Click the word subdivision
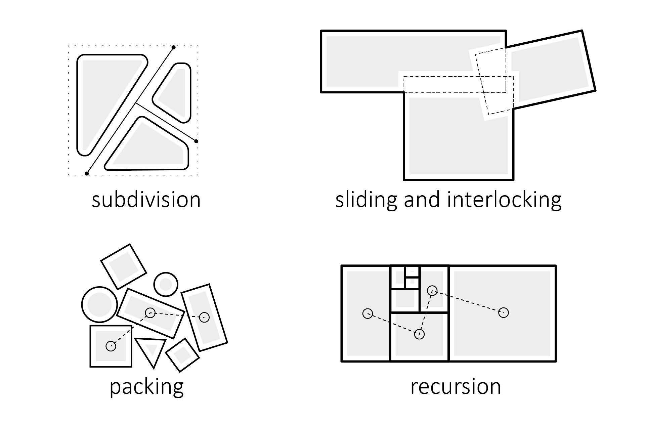(x=146, y=200)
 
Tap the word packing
(x=146, y=387)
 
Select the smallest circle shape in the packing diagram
(x=166, y=284)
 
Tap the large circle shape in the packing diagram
(x=99, y=304)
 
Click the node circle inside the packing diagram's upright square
(x=111, y=346)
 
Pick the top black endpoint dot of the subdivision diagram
(x=173, y=47)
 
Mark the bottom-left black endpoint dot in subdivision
(x=87, y=173)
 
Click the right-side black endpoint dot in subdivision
(x=196, y=141)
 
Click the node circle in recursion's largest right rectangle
(x=503, y=313)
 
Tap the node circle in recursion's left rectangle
(x=368, y=314)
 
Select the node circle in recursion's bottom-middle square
(x=419, y=334)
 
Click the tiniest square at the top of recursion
(x=412, y=271)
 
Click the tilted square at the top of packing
(x=124, y=266)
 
